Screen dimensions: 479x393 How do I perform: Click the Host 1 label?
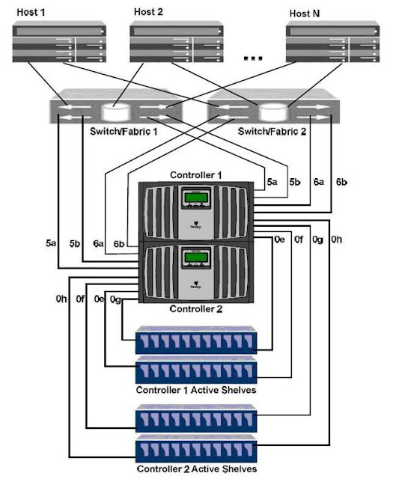29,13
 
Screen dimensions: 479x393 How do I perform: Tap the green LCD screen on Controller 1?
195,203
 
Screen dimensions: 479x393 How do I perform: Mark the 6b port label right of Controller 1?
341,182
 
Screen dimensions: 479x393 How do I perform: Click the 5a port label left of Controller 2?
51,243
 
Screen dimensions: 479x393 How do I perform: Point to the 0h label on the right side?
338,239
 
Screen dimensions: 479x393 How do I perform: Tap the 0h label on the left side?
61,299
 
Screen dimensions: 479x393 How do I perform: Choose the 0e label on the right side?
278,239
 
